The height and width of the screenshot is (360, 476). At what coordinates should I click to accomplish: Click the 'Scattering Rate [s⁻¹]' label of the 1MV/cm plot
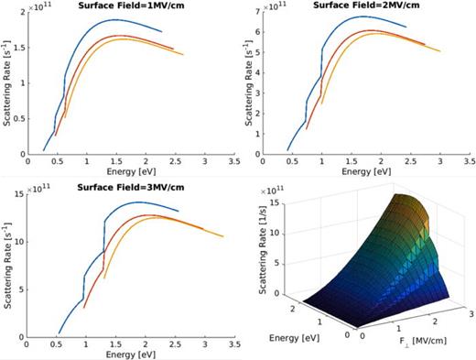pyautogui.click(x=9, y=84)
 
